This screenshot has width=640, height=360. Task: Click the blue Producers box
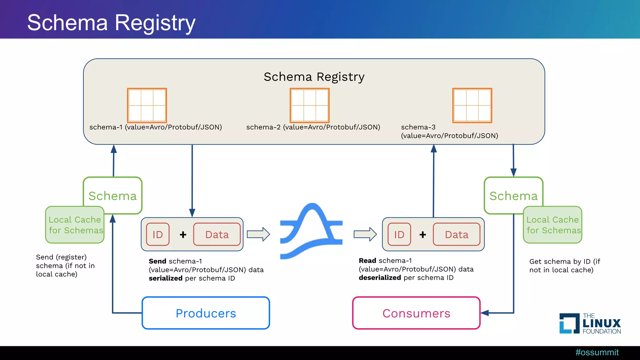206,313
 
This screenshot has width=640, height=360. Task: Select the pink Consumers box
416,313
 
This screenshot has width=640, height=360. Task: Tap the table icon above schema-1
147,105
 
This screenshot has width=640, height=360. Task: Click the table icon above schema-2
310,105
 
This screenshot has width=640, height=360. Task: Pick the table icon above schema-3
472,105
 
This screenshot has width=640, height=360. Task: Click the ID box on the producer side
158,234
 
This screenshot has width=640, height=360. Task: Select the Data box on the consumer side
457,234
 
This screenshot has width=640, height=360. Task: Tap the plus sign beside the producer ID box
183,234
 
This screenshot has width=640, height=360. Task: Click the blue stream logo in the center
311,231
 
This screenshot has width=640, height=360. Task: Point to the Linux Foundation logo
590,323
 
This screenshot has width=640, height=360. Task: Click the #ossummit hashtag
597,352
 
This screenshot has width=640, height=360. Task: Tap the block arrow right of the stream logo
365,234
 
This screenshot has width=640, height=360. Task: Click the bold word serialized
166,278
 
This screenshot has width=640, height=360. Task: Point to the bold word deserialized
380,278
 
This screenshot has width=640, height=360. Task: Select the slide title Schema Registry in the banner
111,22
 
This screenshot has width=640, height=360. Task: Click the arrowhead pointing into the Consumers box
485,313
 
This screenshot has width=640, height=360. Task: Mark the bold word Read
367,261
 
